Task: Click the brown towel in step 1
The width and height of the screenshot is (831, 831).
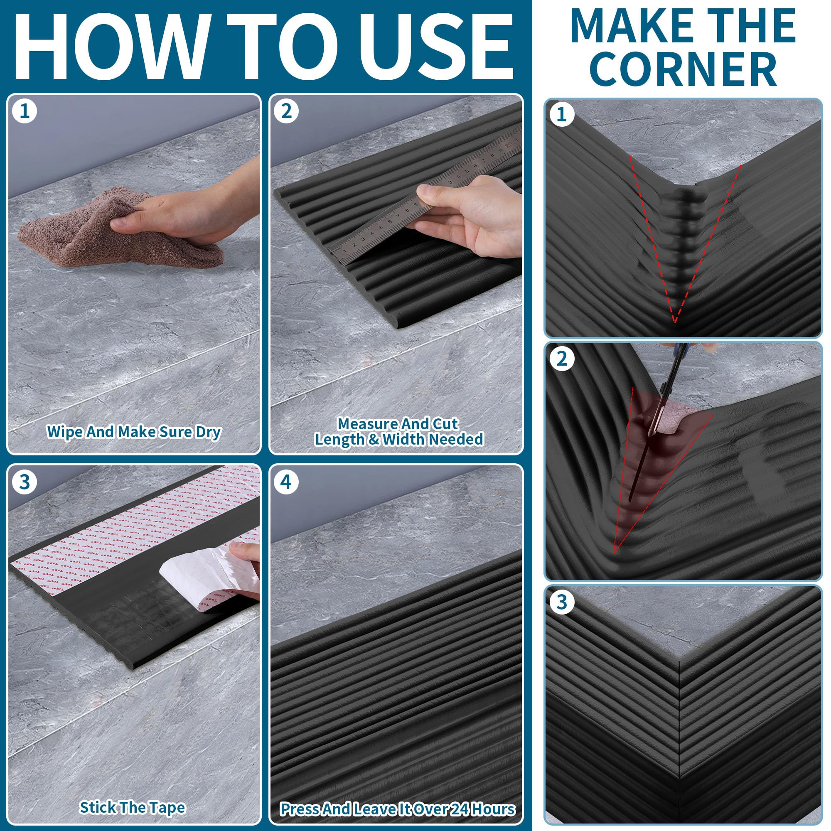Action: (x=116, y=228)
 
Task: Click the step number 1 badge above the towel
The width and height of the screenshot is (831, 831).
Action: (x=25, y=111)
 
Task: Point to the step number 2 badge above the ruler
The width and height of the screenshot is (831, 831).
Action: (x=286, y=111)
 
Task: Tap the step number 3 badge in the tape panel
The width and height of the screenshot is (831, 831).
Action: (x=25, y=482)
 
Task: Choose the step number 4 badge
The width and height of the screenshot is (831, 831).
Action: (x=286, y=482)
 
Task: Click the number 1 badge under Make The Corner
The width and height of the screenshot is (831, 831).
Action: (x=561, y=114)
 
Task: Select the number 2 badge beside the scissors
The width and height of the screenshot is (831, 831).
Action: (x=561, y=358)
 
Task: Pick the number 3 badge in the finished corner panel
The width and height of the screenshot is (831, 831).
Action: (x=561, y=602)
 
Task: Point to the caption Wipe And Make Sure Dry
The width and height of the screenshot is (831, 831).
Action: (x=133, y=431)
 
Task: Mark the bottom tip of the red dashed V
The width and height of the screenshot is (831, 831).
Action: (x=675, y=322)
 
